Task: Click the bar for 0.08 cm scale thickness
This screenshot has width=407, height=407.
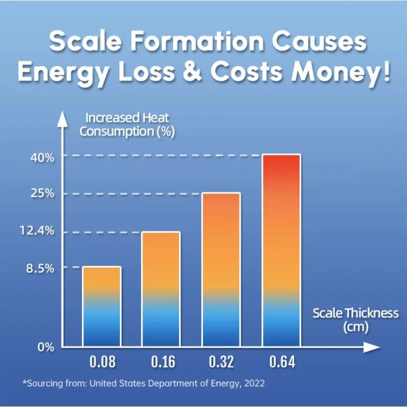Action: point(102,306)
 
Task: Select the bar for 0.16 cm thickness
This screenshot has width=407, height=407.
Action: point(161,289)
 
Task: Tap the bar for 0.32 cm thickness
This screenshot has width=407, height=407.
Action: point(221,270)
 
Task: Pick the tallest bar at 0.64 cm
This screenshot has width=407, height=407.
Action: point(281,250)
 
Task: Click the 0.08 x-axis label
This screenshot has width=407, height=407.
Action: point(102,363)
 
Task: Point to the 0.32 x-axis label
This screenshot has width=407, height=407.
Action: point(221,363)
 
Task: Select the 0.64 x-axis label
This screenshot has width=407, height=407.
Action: point(282,363)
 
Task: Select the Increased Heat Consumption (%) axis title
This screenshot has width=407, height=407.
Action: point(127,125)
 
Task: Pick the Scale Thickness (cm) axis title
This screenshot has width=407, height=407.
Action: point(355,319)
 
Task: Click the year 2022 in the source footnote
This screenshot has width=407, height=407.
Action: point(254,383)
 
